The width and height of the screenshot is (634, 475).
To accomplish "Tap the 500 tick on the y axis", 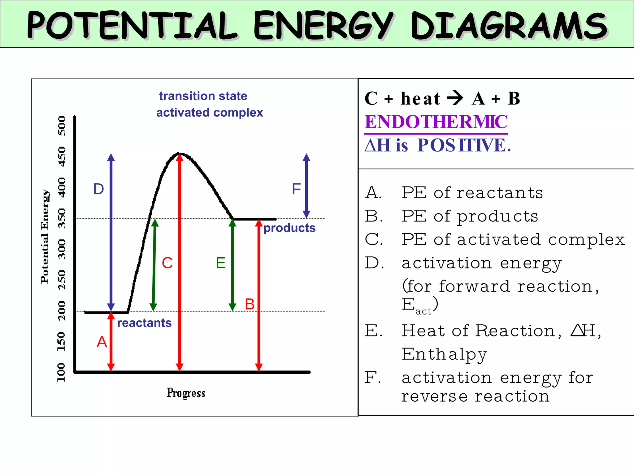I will tap(62, 126).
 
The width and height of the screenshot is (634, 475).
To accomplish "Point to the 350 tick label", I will tap(62, 218).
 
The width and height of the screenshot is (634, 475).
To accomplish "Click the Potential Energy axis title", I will tap(45, 237).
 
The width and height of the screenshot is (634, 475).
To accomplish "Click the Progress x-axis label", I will tap(186, 393).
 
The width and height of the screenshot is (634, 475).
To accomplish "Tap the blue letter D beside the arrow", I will tap(98, 189).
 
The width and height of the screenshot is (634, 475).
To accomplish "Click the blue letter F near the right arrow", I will tap(296, 189).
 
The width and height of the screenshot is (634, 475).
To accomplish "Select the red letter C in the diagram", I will tap(167, 263).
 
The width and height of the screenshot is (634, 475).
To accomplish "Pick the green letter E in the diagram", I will tap(221, 263).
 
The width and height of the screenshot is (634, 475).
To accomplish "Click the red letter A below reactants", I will tap(102, 342).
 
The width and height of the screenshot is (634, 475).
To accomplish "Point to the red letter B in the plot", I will tap(250, 304).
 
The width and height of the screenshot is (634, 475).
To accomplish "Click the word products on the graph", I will tap(289, 228).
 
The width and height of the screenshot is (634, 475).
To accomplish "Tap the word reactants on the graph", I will tap(144, 323).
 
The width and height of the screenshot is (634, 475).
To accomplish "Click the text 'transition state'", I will tap(203, 96).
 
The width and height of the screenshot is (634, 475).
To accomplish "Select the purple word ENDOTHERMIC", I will tap(436, 122).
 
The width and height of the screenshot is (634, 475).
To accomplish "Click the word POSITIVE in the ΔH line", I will tap(463, 145).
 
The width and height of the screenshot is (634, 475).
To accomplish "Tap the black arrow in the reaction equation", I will tap(455, 98).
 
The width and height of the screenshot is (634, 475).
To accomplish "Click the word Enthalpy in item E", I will tap(444, 354).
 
